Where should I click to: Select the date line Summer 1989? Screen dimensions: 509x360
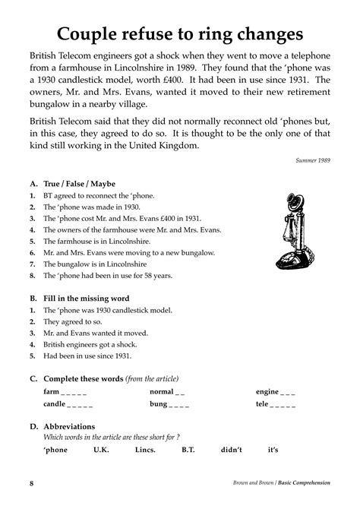(x=314, y=160)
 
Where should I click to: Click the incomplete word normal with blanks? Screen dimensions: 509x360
(x=167, y=392)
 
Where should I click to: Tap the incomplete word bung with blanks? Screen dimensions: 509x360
(x=169, y=405)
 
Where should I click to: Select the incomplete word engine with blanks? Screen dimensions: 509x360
(x=276, y=392)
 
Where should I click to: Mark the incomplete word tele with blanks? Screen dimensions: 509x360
(x=276, y=405)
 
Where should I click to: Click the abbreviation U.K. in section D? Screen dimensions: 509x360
(x=101, y=451)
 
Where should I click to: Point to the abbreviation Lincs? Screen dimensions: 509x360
(x=144, y=451)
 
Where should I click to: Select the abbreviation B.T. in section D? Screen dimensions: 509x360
(x=188, y=451)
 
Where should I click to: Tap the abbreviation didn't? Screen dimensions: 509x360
(x=231, y=451)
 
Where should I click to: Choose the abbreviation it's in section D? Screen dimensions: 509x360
(x=273, y=451)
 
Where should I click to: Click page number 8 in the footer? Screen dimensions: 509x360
(x=31, y=483)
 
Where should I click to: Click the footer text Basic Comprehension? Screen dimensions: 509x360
(x=304, y=483)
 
